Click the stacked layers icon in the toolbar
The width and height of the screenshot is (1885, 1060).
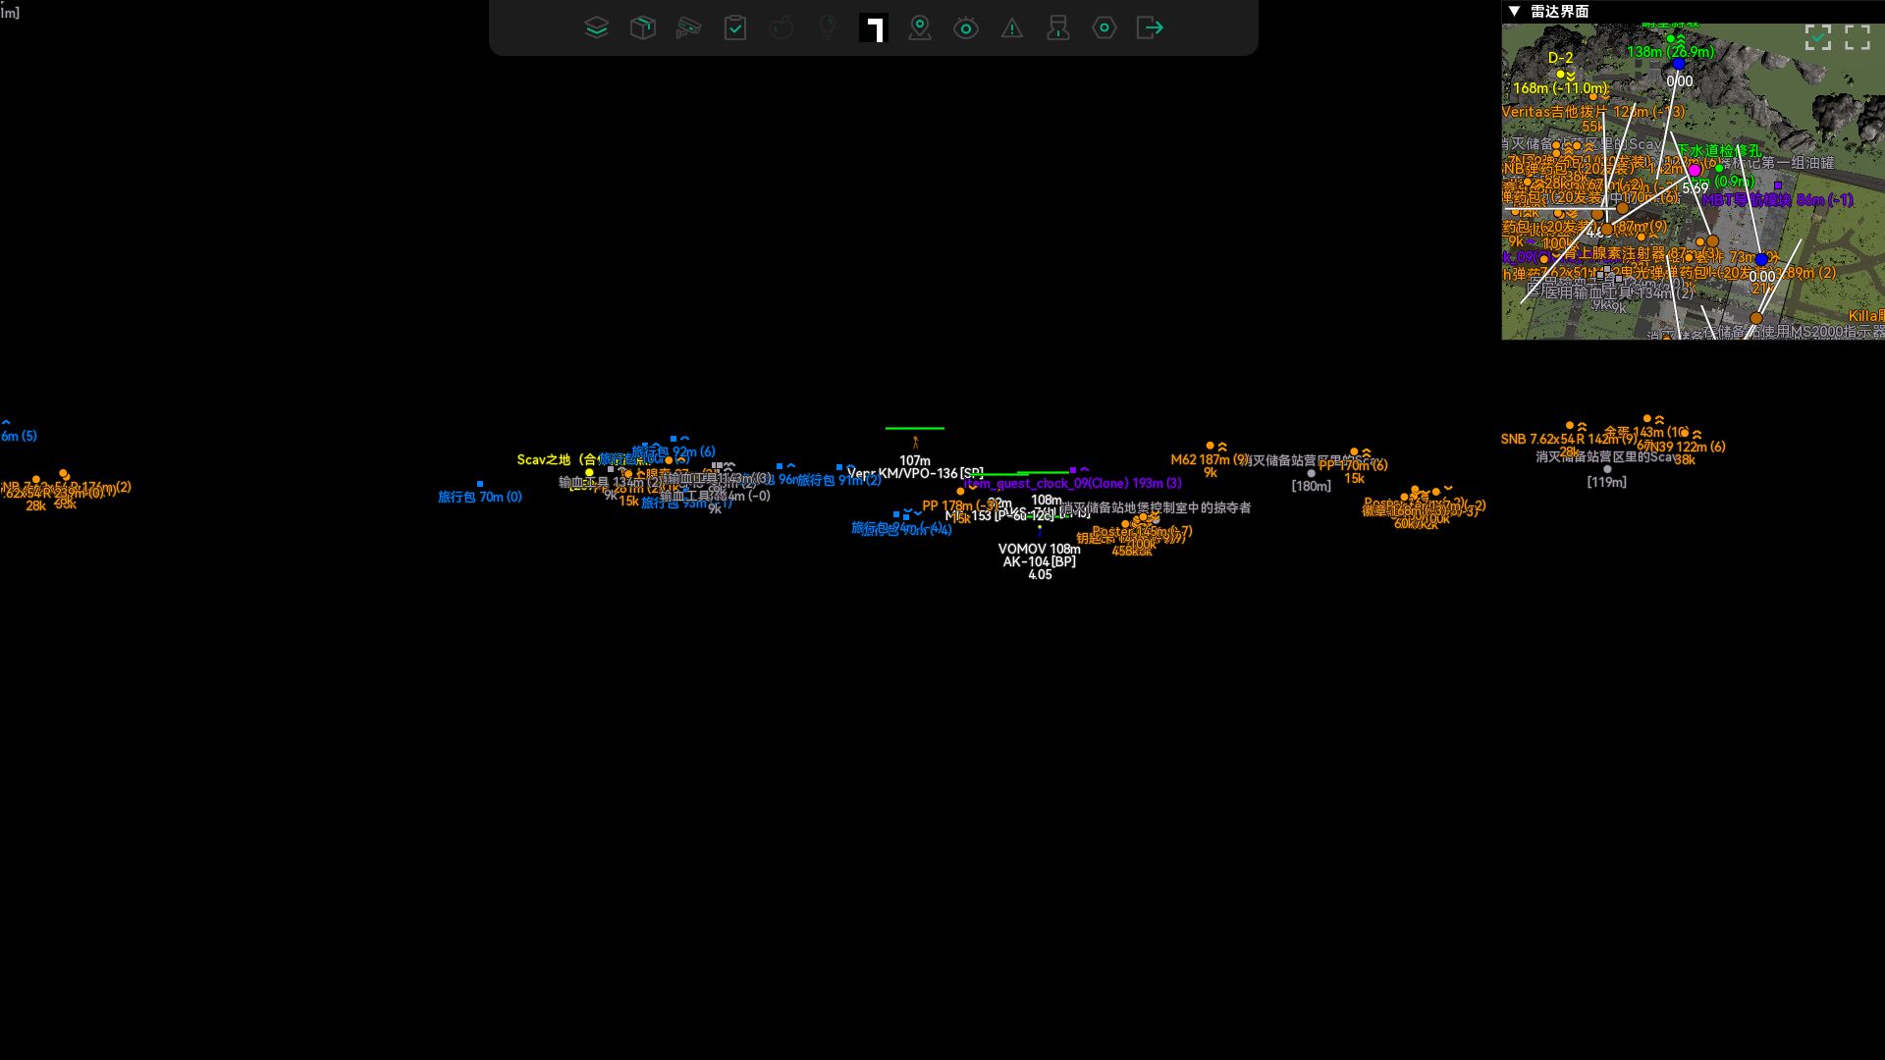596,27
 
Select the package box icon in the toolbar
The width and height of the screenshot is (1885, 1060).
642,27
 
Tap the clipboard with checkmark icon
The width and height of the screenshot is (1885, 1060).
735,27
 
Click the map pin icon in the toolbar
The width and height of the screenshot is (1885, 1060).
920,27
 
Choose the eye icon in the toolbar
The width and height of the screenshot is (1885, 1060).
966,27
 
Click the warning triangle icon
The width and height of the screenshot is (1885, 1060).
1012,28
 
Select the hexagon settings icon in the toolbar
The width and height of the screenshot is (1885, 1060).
1104,27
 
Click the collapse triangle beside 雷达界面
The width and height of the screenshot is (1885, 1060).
1514,11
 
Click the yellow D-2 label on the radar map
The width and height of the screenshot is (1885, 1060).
1561,58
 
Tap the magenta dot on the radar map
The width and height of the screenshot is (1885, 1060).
1695,170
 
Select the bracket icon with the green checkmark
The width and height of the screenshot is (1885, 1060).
1818,37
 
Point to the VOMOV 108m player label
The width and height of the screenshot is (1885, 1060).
1039,549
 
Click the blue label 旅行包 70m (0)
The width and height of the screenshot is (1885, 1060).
479,497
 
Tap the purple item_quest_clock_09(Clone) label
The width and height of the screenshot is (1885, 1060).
1072,483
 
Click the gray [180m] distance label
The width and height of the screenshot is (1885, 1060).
1311,486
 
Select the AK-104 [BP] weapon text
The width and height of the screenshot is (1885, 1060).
1039,561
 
